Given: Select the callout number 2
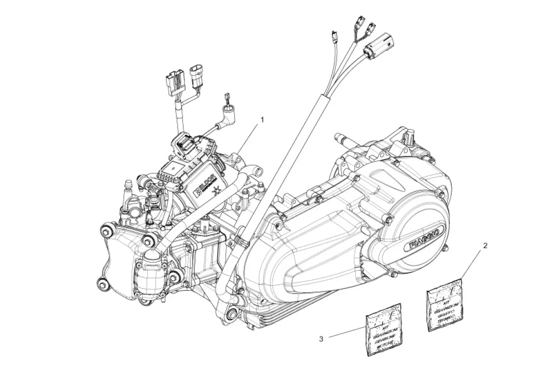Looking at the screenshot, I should click(x=485, y=246).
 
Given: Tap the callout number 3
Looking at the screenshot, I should click(x=321, y=338).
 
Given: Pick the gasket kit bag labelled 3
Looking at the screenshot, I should click(x=385, y=328).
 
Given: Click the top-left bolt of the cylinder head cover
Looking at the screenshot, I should click(x=105, y=228).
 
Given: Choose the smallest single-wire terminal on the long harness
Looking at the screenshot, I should click(x=334, y=35).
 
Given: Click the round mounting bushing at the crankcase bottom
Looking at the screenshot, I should click(x=232, y=312).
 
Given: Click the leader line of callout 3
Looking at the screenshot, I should click(x=347, y=331).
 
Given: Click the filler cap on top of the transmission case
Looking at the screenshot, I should click(x=409, y=136).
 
